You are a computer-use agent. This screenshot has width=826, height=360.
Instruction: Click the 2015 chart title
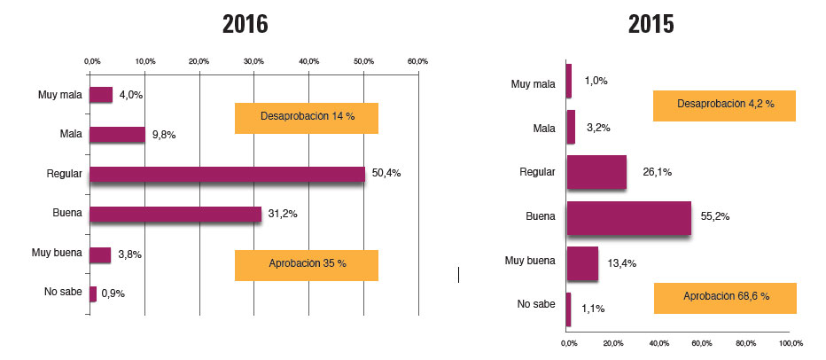coord(651,24)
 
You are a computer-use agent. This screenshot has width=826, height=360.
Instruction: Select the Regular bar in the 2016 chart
coord(227,174)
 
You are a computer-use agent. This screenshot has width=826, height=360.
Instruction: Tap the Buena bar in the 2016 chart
coord(175,214)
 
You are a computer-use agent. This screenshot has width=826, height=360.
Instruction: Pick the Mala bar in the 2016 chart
coord(117,135)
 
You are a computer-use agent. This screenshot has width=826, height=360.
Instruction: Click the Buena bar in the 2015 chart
coord(628,218)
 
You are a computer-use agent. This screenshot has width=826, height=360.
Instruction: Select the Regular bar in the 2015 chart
coord(596,172)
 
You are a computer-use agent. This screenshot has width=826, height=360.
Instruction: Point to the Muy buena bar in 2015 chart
coord(582,263)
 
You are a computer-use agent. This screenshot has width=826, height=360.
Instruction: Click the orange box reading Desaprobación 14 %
coord(307,118)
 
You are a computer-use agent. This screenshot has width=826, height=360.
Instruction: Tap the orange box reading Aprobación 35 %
coord(307,265)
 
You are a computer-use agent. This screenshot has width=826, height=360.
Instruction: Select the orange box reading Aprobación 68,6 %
coord(725,297)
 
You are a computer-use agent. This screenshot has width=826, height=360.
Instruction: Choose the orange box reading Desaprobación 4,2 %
coord(724,106)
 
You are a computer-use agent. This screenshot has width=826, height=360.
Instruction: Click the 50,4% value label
coord(386,174)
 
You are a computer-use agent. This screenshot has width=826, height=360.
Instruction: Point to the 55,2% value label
coord(715,217)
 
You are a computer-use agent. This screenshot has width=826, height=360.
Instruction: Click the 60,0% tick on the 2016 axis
coord(417,61)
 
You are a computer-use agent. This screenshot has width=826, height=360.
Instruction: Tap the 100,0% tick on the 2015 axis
coord(790,343)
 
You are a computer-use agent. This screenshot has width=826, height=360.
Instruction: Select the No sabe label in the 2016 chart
coord(63,292)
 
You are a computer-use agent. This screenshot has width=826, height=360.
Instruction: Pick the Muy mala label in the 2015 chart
coord(534,84)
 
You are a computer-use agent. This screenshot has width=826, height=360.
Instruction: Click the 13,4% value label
coord(620,263)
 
